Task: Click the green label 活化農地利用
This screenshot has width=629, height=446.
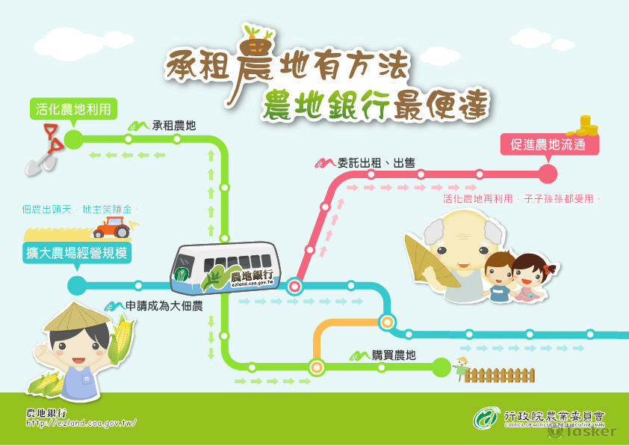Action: pos(73,109)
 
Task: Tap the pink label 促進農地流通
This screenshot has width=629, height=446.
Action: pos(550,145)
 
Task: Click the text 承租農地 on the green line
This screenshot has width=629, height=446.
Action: pos(173,126)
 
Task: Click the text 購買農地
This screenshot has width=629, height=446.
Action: pos(394,355)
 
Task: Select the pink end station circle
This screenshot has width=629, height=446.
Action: pos(548,174)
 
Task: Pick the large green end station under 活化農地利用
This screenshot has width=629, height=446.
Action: pos(73,139)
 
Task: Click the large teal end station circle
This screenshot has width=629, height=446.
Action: pos(77,285)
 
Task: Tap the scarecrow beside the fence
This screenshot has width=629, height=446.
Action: pos(461,367)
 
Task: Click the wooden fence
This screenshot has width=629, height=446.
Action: pos(500,374)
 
